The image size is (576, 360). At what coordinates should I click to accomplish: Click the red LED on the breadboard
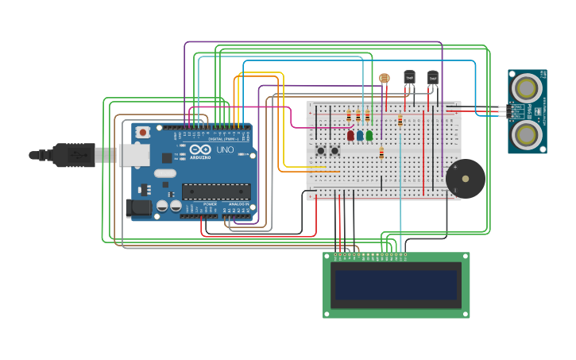pyautogui.click(x=350, y=135)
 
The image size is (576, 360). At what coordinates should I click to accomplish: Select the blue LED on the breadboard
pyautogui.click(x=360, y=135)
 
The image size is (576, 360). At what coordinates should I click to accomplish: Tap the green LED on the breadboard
pyautogui.click(x=369, y=135)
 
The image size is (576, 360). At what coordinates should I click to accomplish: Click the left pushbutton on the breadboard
pyautogui.click(x=321, y=150)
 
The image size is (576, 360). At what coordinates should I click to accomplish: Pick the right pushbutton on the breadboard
pyautogui.click(x=334, y=150)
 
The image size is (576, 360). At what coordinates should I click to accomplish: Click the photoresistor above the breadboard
pyautogui.click(x=385, y=78)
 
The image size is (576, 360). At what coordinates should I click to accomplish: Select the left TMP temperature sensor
pyautogui.click(x=409, y=77)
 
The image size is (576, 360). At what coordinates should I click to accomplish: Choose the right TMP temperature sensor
pyautogui.click(x=432, y=77)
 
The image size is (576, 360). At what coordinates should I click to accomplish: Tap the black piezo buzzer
pyautogui.click(x=466, y=179)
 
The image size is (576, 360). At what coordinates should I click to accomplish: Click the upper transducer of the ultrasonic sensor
pyautogui.click(x=526, y=87)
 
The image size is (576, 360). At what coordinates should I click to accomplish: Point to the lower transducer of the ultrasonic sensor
pyautogui.click(x=526, y=134)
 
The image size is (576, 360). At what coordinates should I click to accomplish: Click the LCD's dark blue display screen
pyautogui.click(x=396, y=285)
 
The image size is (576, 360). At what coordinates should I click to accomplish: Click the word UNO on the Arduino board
pyautogui.click(x=225, y=149)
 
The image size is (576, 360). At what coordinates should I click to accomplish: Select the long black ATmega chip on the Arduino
pyautogui.click(x=216, y=191)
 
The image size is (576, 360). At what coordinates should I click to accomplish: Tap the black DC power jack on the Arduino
pyautogui.click(x=138, y=208)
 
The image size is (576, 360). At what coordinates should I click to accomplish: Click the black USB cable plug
pyautogui.click(x=75, y=155)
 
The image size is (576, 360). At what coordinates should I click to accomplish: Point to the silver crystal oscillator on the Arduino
pyautogui.click(x=165, y=173)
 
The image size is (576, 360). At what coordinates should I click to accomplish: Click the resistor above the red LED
pyautogui.click(x=349, y=117)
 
